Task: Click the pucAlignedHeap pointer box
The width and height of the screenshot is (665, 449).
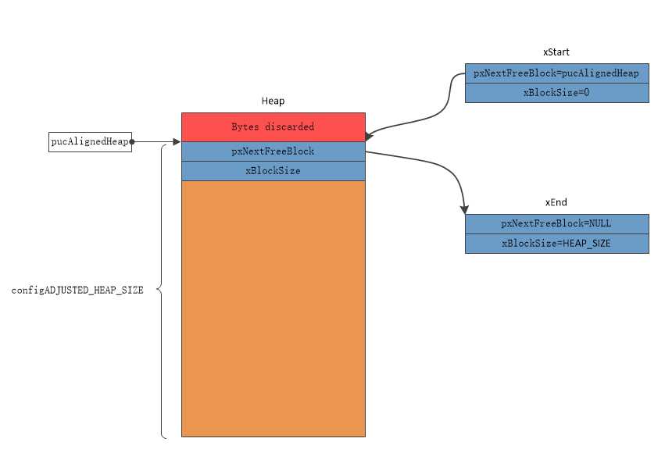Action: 90,142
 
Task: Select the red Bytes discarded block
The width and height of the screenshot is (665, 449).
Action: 273,127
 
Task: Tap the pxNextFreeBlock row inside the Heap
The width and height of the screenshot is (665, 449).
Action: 273,151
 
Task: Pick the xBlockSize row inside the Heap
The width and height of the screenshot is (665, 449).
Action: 273,171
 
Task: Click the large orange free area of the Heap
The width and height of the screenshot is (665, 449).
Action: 273,308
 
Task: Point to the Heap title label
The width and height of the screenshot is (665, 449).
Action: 273,101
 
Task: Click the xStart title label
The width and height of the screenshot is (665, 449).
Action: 556,52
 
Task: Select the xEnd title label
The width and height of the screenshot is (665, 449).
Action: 556,203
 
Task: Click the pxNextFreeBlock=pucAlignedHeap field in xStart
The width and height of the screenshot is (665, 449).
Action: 556,73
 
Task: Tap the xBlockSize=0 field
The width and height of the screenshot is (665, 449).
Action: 556,93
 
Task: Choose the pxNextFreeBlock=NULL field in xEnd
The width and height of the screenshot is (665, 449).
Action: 556,224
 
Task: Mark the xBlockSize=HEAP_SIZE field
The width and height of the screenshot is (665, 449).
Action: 556,244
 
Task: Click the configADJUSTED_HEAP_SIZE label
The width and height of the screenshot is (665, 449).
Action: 77,290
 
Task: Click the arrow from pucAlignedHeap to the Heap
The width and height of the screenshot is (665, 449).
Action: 156,142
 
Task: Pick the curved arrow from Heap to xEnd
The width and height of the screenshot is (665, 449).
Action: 438,166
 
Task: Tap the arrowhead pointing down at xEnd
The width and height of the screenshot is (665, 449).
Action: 465,208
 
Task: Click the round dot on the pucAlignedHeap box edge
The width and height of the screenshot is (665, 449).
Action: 132,142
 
